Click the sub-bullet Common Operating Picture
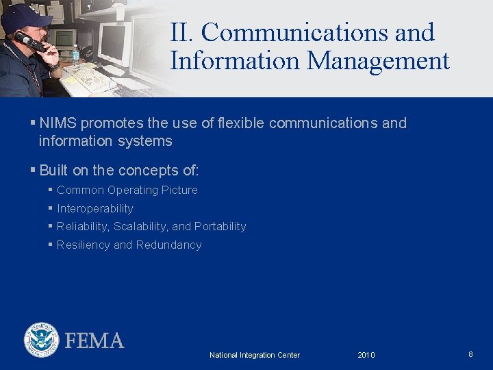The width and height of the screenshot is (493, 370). coord(127,190)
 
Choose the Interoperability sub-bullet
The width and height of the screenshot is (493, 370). coord(95,208)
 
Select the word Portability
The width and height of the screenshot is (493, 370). coord(220,226)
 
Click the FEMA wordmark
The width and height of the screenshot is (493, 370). coord(94,341)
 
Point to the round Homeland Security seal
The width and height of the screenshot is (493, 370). coord(42,340)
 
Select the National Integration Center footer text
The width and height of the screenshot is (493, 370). coord(255,355)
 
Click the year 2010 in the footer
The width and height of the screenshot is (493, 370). coord(366,355)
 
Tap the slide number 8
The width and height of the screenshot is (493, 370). coord(470,354)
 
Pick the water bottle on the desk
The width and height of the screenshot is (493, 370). coord(75,56)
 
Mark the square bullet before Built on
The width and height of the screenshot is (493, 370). coord(33,170)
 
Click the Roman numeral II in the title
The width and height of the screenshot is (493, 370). coord(182,32)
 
